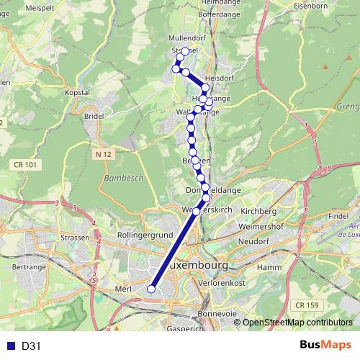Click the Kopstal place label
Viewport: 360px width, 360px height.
pyautogui.click(x=77, y=93)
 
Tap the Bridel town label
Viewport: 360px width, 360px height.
pyautogui.click(x=94, y=115)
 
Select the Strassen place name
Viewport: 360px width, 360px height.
pyautogui.click(x=75, y=237)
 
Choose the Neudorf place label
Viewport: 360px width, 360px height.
pyautogui.click(x=253, y=241)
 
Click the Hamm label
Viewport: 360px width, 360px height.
pyautogui.click(x=268, y=267)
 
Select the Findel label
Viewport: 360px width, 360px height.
pyautogui.click(x=338, y=215)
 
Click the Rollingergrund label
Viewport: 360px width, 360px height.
pyautogui.click(x=146, y=235)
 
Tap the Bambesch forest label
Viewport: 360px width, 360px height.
pyautogui.click(x=124, y=177)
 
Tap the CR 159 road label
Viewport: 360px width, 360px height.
pyautogui.click(x=307, y=305)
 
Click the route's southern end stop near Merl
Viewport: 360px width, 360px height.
pyautogui.click(x=151, y=289)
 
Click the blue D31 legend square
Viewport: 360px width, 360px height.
pyautogui.click(x=9, y=346)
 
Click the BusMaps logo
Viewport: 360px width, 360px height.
pyautogui.click(x=325, y=345)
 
